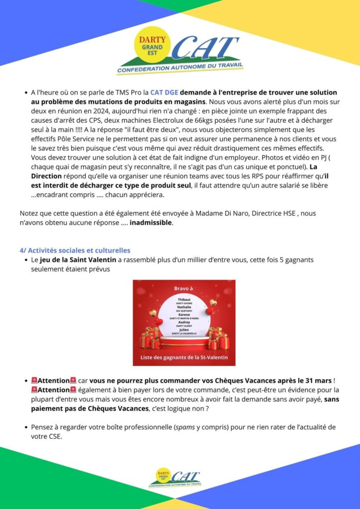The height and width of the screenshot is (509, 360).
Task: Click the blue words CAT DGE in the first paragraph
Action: click(x=164, y=92)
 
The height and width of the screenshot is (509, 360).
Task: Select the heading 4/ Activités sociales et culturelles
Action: click(x=75, y=251)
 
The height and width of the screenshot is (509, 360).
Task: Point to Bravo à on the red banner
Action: click(x=183, y=289)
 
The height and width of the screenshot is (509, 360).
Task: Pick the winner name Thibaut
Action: click(x=184, y=300)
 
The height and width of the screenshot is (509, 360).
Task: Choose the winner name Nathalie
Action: click(x=184, y=307)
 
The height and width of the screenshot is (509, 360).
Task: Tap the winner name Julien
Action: click(x=184, y=329)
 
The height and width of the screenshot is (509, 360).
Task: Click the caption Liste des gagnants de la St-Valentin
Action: click(x=184, y=357)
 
